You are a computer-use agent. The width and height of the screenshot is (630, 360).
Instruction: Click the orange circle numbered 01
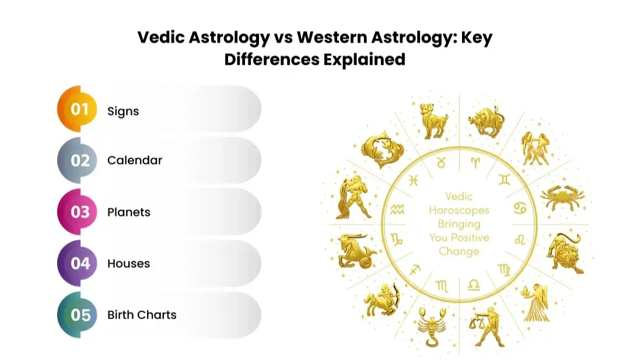tap(79, 109)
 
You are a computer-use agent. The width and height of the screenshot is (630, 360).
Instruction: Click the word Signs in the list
tap(123, 111)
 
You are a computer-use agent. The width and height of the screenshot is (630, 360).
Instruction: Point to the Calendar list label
tap(135, 160)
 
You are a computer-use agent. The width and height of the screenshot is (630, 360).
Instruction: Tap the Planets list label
tap(129, 212)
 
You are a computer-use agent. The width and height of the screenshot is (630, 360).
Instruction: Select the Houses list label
tap(128, 263)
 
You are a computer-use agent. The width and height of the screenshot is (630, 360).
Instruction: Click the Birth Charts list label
tap(142, 315)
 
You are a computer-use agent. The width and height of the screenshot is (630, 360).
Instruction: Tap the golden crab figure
tap(559, 198)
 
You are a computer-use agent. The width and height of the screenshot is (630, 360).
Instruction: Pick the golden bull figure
tap(486, 120)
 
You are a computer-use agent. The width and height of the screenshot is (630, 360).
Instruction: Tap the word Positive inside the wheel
tap(470, 238)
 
